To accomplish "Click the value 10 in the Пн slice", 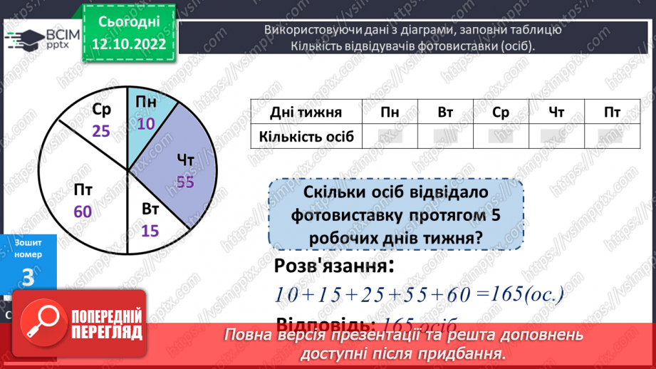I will pyautogui.click(x=146, y=123).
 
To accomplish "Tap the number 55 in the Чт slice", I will pyautogui.click(x=185, y=182).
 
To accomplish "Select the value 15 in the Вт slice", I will pyautogui.click(x=150, y=232).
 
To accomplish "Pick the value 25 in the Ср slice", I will pyautogui.click(x=100, y=131).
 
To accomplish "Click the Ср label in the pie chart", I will pyautogui.click(x=102, y=110).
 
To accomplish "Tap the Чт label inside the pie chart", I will pyautogui.click(x=187, y=160).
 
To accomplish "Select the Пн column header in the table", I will pyautogui.click(x=390, y=112).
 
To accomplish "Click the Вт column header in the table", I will pyautogui.click(x=446, y=112).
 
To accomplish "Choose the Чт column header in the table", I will pyautogui.click(x=557, y=112).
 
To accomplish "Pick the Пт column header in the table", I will pyautogui.click(x=612, y=112).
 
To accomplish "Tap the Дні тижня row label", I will pyautogui.click(x=306, y=112).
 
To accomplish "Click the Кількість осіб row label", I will pyautogui.click(x=306, y=135).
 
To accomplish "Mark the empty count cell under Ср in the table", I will pyautogui.click(x=501, y=135).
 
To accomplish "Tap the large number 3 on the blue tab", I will pyautogui.click(x=28, y=278).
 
